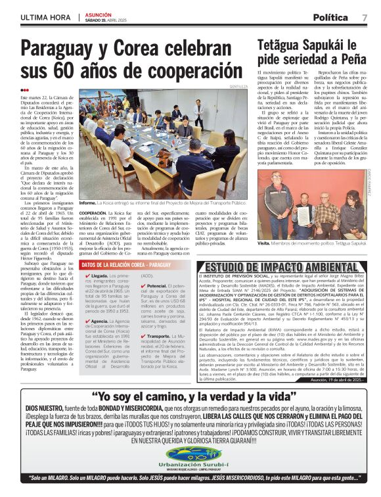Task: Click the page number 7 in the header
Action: [x=365, y=17]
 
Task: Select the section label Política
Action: [x=330, y=17]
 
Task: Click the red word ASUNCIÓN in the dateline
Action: [x=99, y=14]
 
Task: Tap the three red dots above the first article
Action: [x=25, y=91]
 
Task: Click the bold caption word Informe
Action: [x=88, y=204]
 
